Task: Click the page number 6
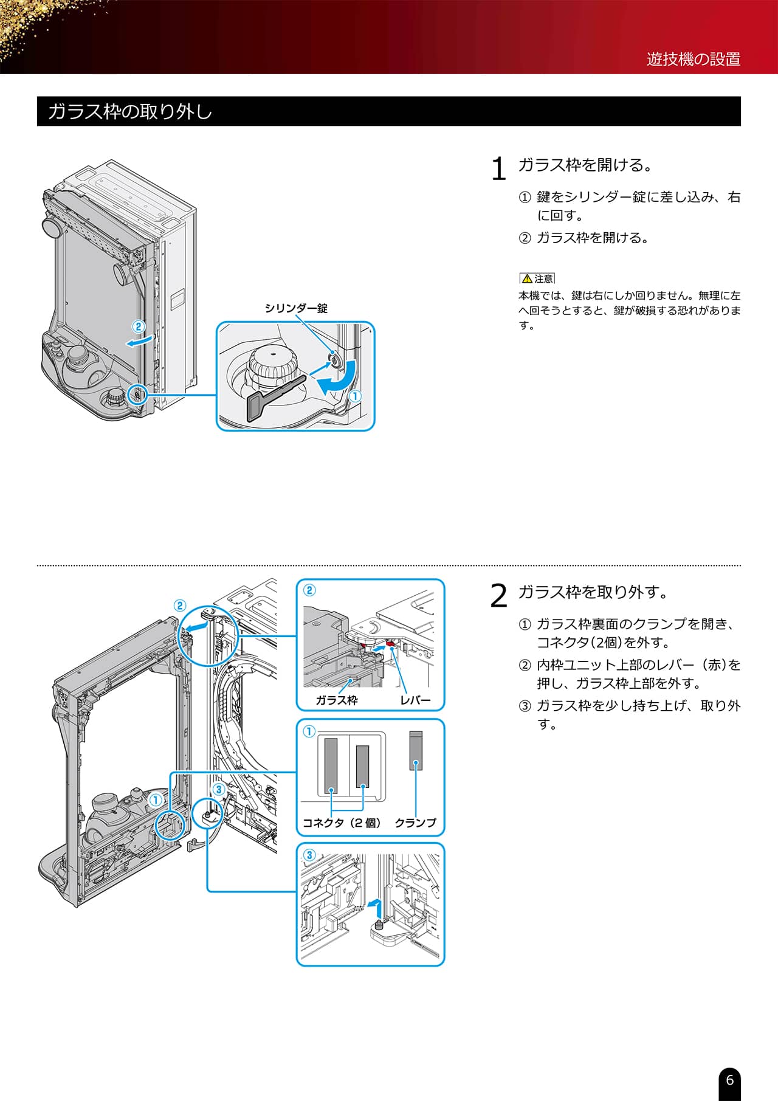tap(729, 1080)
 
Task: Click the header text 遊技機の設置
tap(693, 59)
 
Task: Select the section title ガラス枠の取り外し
tap(129, 112)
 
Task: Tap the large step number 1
tap(498, 169)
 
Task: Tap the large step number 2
tap(498, 596)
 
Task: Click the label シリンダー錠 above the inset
tap(296, 308)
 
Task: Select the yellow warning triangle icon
tap(527, 278)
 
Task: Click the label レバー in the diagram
tap(415, 700)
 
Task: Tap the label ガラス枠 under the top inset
tap(336, 700)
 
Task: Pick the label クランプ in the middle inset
tap(415, 823)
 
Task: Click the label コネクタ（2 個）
tap(342, 823)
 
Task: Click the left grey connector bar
tap(331, 763)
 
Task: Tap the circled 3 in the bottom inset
tap(309, 855)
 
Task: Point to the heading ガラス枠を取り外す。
tap(593, 592)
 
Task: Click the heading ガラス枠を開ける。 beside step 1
tap(585, 165)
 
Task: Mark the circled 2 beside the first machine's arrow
tap(139, 326)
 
